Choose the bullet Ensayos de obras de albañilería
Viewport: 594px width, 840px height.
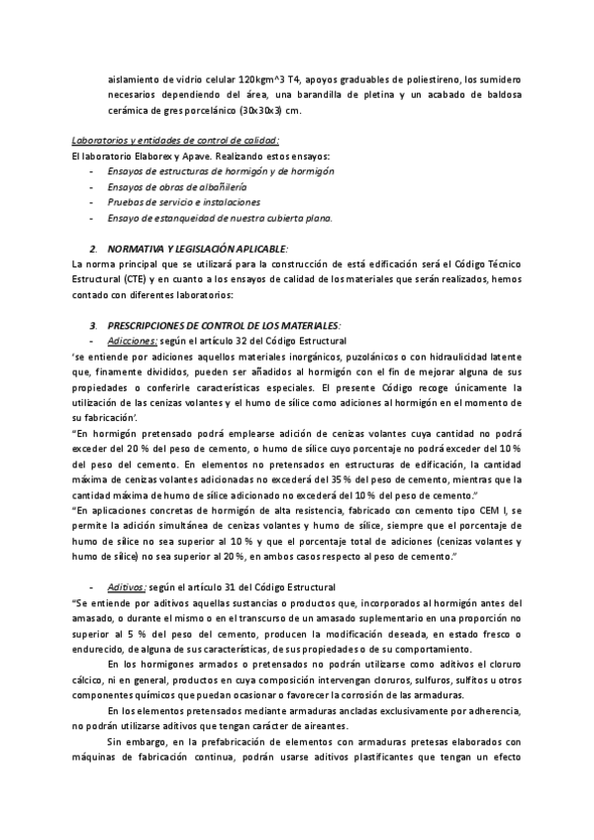pyautogui.click(x=177, y=186)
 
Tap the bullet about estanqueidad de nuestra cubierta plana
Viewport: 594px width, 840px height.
pyautogui.click(x=220, y=218)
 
